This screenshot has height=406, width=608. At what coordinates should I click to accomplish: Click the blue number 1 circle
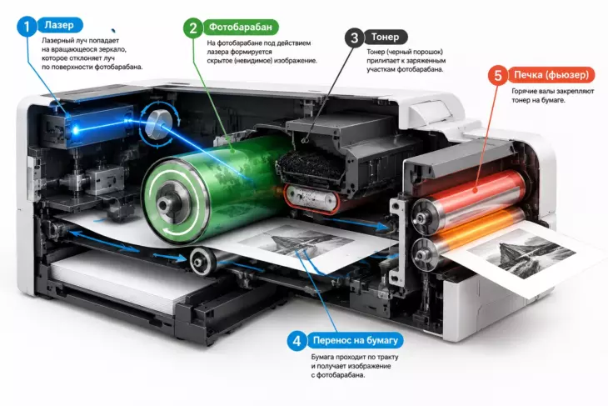27,27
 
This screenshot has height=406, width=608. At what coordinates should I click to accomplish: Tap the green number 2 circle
193,28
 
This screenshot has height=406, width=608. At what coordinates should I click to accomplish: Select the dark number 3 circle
355,38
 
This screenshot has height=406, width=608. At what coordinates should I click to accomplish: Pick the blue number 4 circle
297,341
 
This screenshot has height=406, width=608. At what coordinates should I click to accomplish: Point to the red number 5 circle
498,76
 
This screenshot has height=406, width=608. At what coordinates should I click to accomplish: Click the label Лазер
59,25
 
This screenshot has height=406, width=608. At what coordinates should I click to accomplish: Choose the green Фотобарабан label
241,28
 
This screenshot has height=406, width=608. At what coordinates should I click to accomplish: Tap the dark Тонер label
385,38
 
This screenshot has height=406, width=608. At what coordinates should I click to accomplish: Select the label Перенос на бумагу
355,341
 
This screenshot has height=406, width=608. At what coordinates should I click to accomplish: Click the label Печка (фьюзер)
551,75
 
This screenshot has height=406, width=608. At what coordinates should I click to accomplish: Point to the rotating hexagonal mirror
159,123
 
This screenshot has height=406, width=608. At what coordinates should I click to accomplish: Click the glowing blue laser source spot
76,129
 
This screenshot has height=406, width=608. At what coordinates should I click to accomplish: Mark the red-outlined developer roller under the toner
311,198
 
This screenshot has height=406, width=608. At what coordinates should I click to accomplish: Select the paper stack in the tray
128,279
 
